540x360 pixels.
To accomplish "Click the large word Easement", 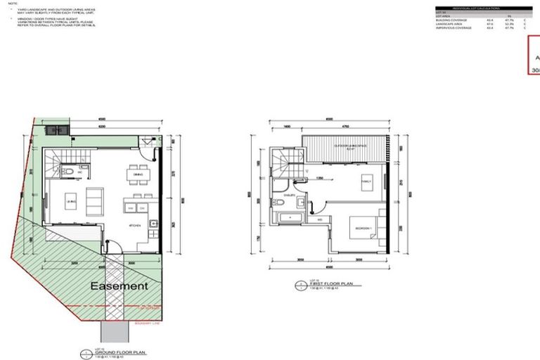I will tap(118, 286).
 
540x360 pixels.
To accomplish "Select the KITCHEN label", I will tap(136, 225).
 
